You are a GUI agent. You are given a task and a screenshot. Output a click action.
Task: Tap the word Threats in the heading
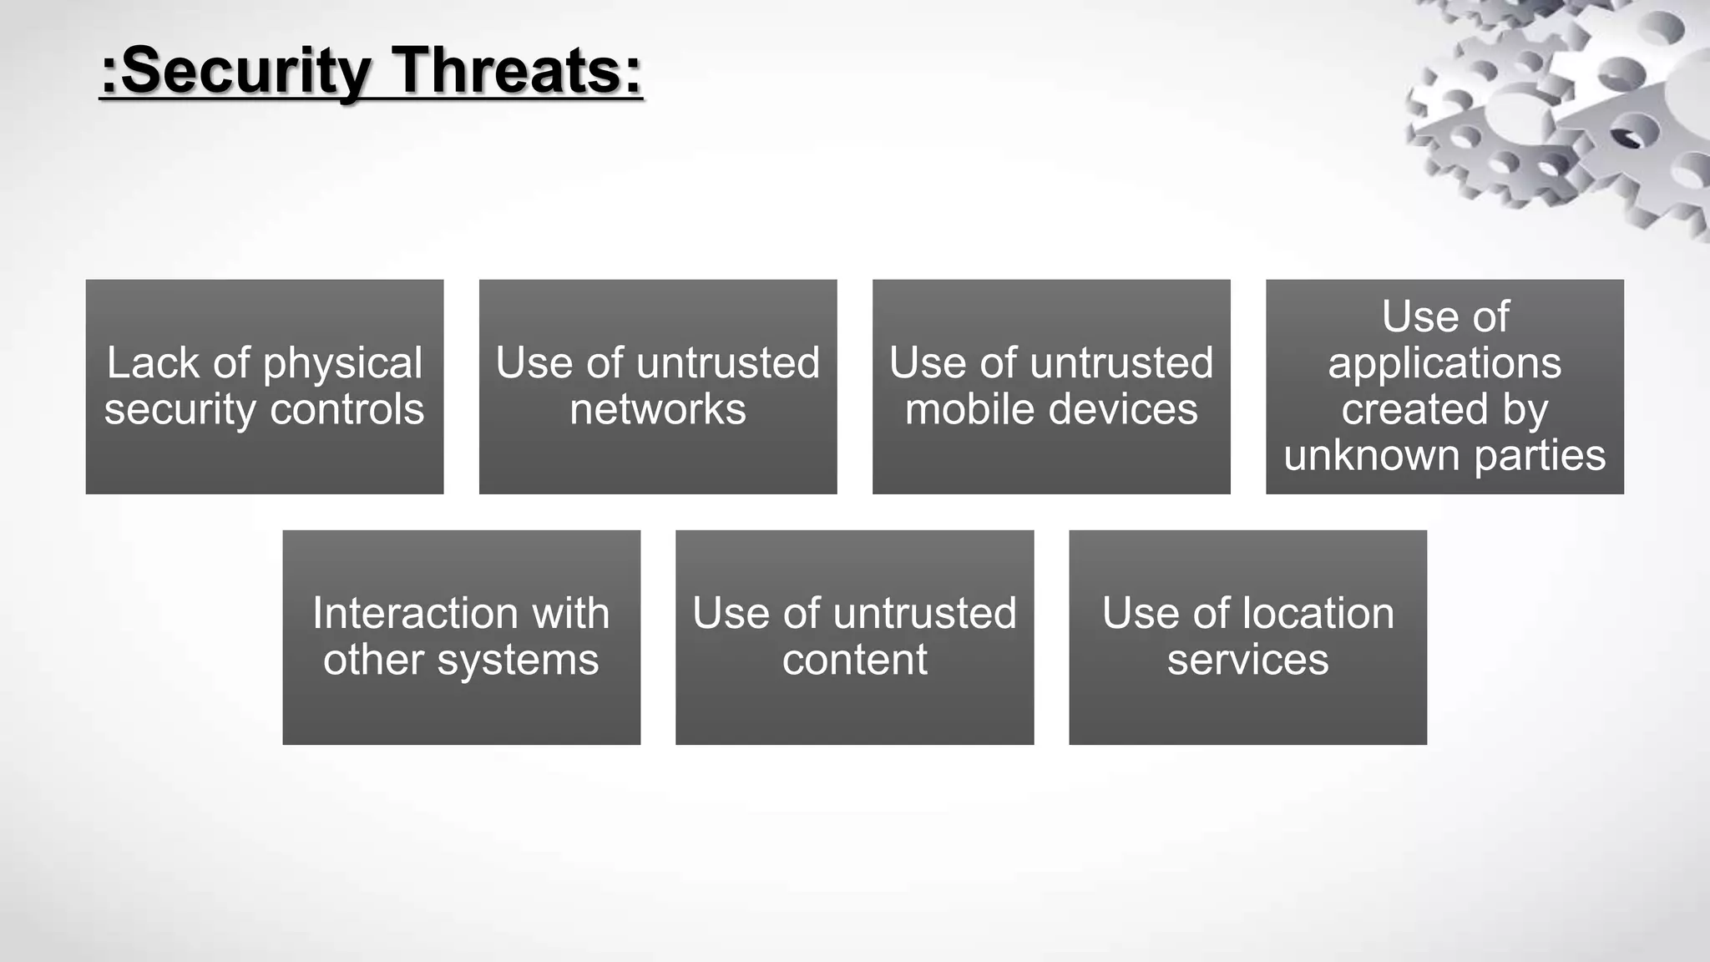click(517, 71)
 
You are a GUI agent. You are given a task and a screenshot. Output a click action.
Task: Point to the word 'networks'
click(658, 410)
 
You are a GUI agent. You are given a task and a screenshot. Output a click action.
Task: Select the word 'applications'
click(1444, 364)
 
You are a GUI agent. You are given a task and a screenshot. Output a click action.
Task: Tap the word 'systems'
click(518, 661)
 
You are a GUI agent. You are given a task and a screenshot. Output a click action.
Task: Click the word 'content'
click(854, 661)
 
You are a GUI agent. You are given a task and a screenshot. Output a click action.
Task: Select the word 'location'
click(1316, 614)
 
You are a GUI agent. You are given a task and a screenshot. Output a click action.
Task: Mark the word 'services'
click(1247, 661)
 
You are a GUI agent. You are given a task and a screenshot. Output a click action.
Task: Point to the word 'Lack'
click(153, 364)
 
